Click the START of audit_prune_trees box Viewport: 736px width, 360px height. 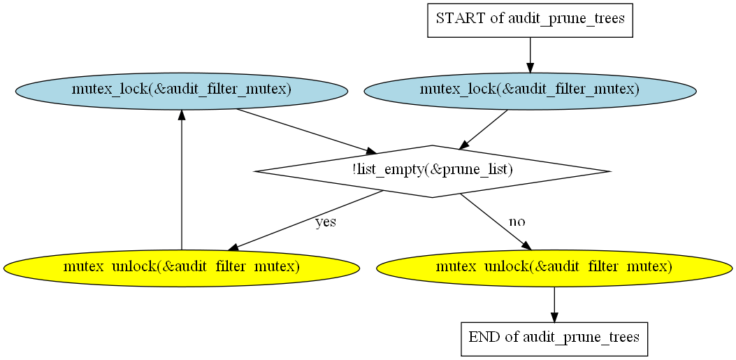tap(530, 20)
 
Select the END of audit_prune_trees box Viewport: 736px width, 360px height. tap(554, 338)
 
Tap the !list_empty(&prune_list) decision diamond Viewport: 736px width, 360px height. tap(432, 171)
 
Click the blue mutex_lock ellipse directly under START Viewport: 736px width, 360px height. tap(530, 91)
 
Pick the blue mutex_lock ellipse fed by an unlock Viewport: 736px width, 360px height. tap(182, 91)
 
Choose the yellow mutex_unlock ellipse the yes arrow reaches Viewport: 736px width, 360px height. tap(182, 268)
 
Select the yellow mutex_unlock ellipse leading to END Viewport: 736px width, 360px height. tap(554, 268)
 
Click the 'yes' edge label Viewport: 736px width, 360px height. tap(325, 222)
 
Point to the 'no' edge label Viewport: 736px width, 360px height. tap(517, 222)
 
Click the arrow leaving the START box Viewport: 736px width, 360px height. tap(530, 55)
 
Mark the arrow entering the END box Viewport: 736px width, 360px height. tap(554, 305)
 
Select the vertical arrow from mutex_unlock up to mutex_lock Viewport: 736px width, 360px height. tap(182, 180)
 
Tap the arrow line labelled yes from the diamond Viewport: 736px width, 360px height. tap(305, 220)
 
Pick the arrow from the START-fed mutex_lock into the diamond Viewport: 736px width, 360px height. tap(483, 130)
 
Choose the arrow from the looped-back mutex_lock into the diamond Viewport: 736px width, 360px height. tap(307, 131)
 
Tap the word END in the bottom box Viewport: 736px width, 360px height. tap(482, 337)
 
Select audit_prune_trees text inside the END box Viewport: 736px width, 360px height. tap(581, 338)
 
